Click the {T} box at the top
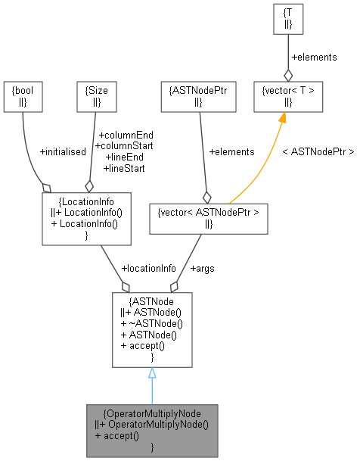coord(287,20)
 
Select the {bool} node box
coord(23,96)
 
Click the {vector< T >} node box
coord(287,96)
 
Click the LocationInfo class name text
coord(87,203)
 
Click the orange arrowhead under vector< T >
coord(283,118)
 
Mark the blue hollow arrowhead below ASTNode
coord(152,373)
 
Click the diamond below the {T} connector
coord(287,75)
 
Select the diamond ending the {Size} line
coord(88,185)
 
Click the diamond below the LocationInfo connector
coord(125,287)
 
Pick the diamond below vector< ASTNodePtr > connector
coord(175,287)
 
